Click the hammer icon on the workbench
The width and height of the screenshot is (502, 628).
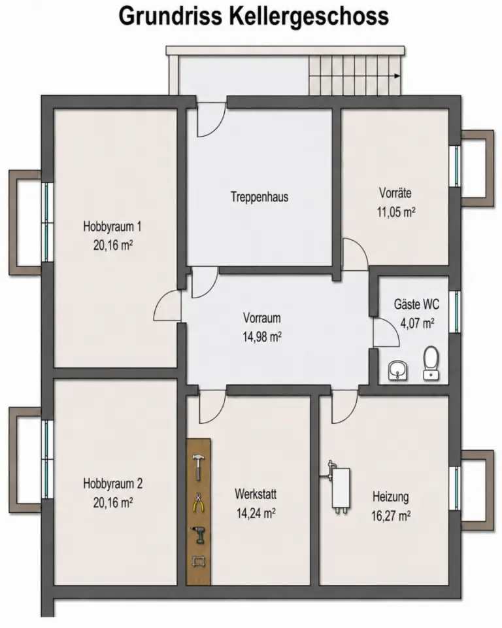click(x=198, y=467)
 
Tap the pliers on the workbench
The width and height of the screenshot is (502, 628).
click(x=198, y=502)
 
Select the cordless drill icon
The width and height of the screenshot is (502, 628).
click(x=199, y=534)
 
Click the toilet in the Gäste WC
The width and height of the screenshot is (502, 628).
click(x=431, y=363)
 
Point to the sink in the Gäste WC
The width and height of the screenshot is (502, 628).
click(x=397, y=370)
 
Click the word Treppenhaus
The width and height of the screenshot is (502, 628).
click(x=259, y=197)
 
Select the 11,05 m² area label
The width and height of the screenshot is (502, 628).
click(x=396, y=212)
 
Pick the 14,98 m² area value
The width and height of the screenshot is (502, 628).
click(x=262, y=337)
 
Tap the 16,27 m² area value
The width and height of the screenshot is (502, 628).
click(x=391, y=515)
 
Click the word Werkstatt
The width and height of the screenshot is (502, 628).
click(x=256, y=494)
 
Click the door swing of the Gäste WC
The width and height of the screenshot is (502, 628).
click(x=386, y=332)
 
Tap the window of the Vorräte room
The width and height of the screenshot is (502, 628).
click(x=455, y=166)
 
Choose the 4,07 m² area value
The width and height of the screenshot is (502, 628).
click(x=418, y=323)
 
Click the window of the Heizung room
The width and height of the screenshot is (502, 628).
click(x=455, y=488)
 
